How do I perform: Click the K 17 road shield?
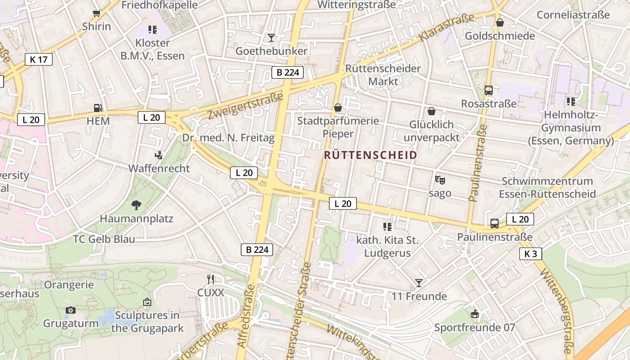[x=39, y=59]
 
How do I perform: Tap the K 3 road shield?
[x=531, y=254]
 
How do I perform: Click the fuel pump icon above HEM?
[x=98, y=108]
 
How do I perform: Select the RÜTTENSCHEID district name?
[x=370, y=155]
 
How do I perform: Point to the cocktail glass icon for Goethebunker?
[x=271, y=37]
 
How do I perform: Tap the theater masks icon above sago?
[x=440, y=180]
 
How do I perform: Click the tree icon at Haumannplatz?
[x=136, y=206]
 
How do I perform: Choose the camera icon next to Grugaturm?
[x=70, y=310]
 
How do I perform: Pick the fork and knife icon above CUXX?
[x=210, y=279]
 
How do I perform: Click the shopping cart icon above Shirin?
[x=96, y=13]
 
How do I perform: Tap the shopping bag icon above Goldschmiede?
[x=499, y=22]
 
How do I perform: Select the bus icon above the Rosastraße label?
[x=489, y=90]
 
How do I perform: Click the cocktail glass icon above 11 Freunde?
[x=419, y=283]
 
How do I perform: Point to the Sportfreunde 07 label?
[x=474, y=327]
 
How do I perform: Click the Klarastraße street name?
[x=447, y=28]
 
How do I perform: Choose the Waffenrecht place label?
[x=159, y=169]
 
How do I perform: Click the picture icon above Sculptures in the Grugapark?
[x=147, y=301]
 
